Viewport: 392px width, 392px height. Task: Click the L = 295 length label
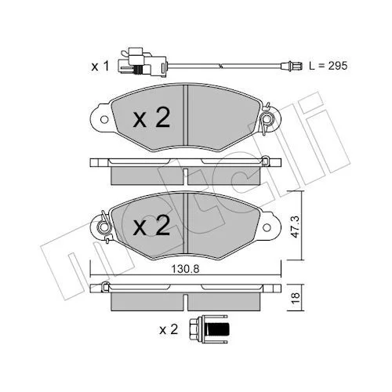(x=328, y=66)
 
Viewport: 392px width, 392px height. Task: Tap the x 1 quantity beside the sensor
(x=100, y=67)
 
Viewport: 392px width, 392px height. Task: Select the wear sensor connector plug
(x=142, y=62)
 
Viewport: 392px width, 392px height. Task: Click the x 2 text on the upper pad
(x=151, y=118)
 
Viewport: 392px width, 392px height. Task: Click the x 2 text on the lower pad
(x=151, y=225)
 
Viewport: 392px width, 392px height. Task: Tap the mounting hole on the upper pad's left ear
(x=104, y=119)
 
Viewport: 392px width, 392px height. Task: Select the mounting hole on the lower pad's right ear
(x=267, y=227)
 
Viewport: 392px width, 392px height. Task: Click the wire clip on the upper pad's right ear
(x=267, y=119)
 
